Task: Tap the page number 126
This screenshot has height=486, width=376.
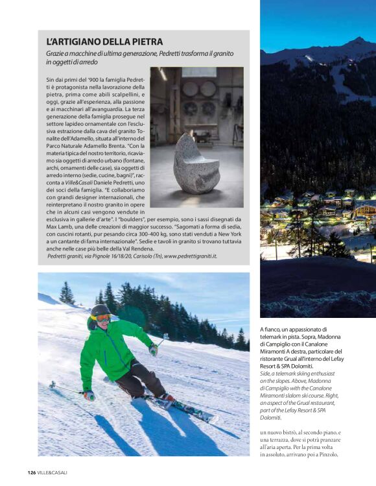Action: coord(31,472)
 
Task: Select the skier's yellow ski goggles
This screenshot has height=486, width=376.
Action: coord(102,317)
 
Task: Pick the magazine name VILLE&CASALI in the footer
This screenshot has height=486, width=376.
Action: coord(52,472)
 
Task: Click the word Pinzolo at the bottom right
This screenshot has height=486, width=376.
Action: coord(360,454)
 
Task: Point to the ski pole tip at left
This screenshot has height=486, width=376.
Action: coord(52,383)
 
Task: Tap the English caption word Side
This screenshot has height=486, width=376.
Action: coord(266,374)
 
